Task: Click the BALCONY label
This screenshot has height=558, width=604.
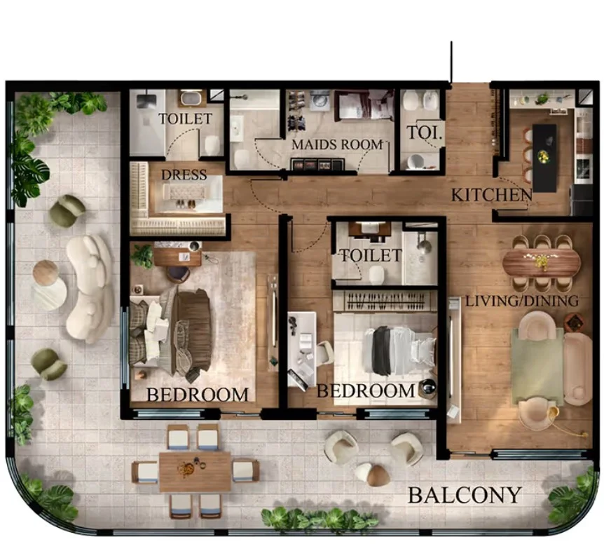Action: click(465, 495)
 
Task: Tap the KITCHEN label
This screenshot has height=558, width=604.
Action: click(490, 194)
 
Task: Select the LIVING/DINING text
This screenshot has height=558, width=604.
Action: click(522, 301)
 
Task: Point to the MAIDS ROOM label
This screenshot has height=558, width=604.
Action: click(338, 145)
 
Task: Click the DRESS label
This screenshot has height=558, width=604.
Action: click(184, 175)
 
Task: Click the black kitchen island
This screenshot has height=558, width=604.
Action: click(544, 158)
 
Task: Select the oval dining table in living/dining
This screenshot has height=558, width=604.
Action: click(541, 263)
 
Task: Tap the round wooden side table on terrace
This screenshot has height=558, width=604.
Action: click(46, 273)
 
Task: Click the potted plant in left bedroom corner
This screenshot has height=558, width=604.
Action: click(143, 255)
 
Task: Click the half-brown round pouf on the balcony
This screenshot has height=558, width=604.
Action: click(372, 474)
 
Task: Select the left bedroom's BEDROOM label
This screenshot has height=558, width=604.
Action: click(197, 395)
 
